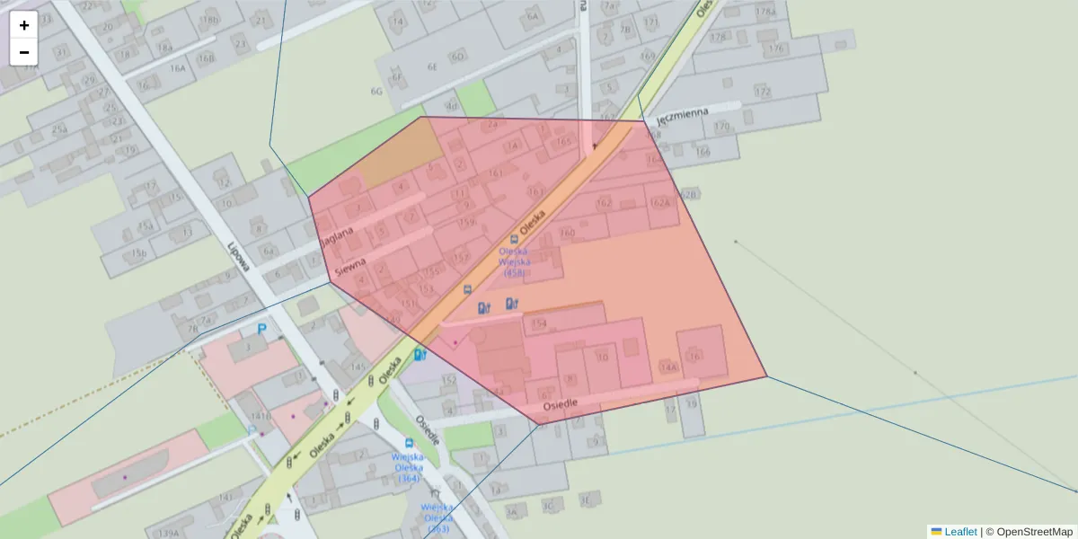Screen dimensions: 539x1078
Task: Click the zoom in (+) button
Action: click(x=24, y=25)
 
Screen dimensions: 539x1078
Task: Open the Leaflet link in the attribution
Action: click(x=959, y=532)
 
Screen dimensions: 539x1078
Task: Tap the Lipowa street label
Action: click(x=237, y=254)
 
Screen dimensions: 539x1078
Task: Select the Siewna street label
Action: click(x=350, y=267)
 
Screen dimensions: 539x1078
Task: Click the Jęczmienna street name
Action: click(x=682, y=117)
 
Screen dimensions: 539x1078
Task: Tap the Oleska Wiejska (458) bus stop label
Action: click(x=514, y=261)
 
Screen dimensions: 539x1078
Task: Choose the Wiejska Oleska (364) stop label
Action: click(x=408, y=467)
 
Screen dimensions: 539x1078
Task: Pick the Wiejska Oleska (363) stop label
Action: click(x=437, y=518)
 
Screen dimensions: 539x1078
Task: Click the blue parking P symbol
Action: click(x=262, y=330)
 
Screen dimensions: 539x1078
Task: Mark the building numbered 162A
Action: click(x=660, y=202)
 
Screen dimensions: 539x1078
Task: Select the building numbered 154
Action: click(x=539, y=323)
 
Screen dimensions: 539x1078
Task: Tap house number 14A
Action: click(x=668, y=367)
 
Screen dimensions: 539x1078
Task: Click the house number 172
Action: click(x=763, y=92)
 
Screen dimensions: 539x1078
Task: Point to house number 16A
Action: click(x=178, y=67)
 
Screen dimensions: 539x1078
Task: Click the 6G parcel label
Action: click(x=376, y=91)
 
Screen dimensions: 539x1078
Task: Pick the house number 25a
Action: click(x=59, y=129)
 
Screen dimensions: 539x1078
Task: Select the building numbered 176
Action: click(x=777, y=49)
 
